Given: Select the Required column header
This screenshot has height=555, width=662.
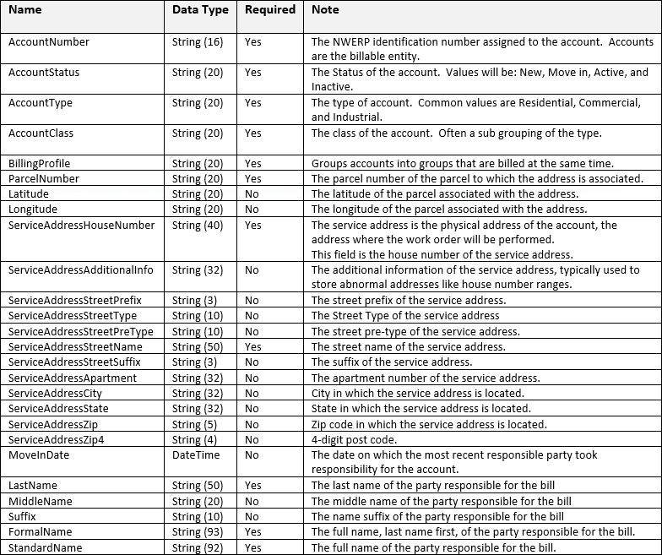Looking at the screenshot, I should coord(270,11).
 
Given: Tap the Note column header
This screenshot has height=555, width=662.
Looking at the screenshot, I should coord(325,11).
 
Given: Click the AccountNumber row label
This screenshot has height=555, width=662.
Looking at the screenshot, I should coord(49,42).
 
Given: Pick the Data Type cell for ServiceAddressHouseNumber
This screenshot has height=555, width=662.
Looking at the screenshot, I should coord(198,226).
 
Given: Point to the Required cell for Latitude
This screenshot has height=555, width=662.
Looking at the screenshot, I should coord(252,194).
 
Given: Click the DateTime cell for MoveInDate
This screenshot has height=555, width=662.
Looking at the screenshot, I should coord(196,455).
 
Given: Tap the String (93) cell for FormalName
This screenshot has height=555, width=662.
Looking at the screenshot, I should coord(198,532).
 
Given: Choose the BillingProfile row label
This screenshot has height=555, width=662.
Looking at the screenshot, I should coord(40,164).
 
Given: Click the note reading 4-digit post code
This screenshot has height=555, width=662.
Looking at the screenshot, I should coord(363,440).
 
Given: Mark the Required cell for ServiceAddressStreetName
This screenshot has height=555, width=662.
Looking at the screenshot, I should coord(253,347).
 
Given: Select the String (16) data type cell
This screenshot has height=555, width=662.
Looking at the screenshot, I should coord(198,42).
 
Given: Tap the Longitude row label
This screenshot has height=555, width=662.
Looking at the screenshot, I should coord(33,209).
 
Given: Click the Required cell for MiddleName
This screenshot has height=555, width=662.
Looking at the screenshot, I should coord(252,501).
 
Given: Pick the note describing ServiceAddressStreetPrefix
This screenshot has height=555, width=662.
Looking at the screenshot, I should coord(409,301).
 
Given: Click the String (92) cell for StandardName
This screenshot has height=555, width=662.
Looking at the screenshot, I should coord(198,547).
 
